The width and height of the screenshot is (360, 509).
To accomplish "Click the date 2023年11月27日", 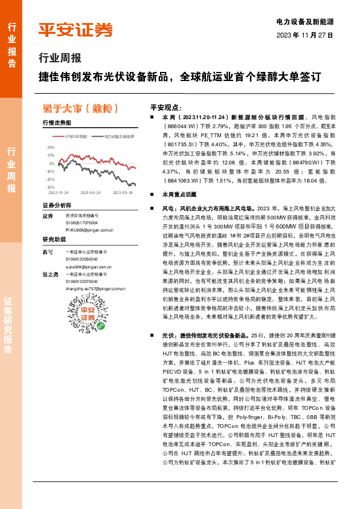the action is pos(305,34).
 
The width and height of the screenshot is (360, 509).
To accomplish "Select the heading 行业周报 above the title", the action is pos(59,59).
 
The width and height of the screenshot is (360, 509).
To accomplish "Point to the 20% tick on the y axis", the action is pos(50,147).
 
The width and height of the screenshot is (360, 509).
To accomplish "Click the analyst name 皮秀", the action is pos(48,216).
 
